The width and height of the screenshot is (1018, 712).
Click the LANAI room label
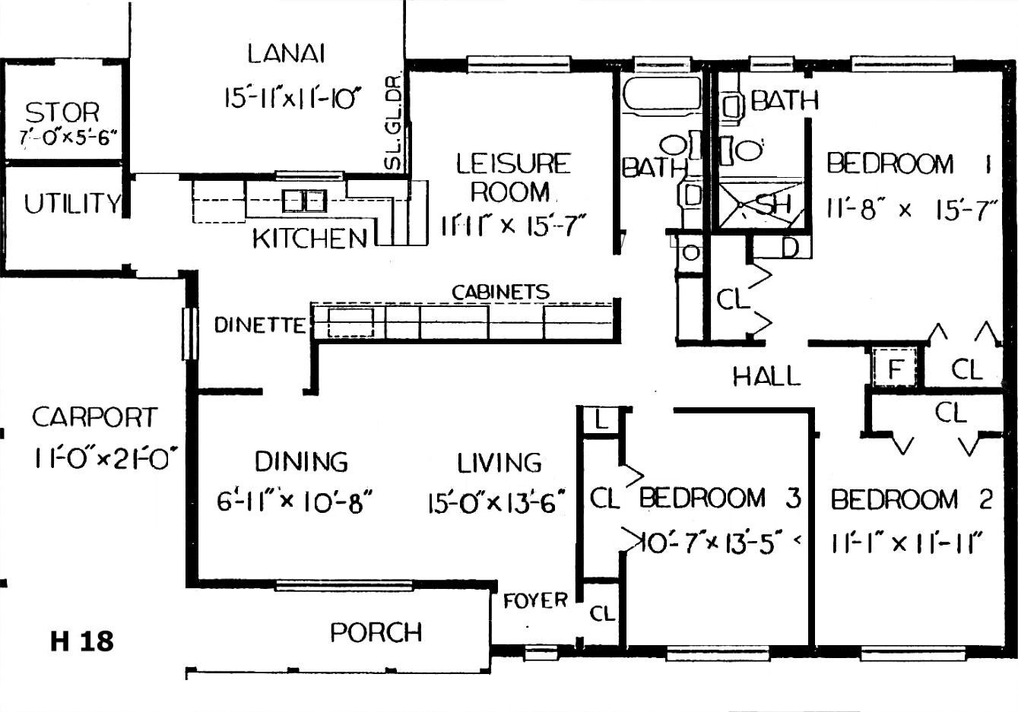coord(287,54)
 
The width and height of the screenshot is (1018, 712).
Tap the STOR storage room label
coord(62,112)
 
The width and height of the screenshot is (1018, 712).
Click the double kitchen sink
coord(304,201)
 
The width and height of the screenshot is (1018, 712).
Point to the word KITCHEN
coord(310,238)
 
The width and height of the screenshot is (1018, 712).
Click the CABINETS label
coord(501,292)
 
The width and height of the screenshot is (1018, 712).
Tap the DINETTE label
coord(260,325)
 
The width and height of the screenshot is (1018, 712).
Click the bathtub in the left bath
coord(661,93)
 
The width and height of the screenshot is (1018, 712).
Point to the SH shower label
coord(774,204)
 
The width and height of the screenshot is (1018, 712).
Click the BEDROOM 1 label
coord(909,163)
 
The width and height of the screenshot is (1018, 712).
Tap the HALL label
coord(766,376)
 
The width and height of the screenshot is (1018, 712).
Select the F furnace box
coord(895,368)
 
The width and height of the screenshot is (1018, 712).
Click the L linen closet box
coord(601,420)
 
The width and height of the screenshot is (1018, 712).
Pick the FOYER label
coord(535,601)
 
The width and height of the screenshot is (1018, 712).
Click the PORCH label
coord(376,632)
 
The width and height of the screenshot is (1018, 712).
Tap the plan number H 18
coord(82,641)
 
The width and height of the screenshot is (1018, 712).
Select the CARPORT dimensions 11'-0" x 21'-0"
coord(106,458)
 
